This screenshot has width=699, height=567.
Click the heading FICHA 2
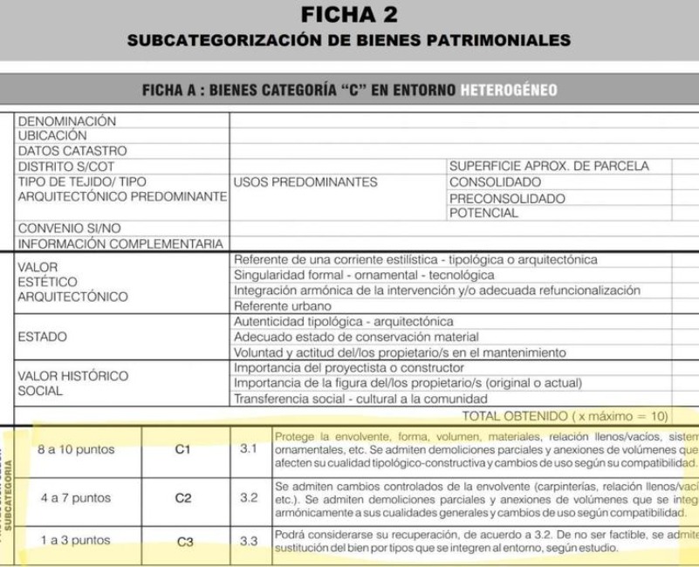click(348, 15)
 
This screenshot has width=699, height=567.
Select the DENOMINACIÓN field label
click(67, 120)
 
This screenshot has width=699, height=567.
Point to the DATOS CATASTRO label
click(72, 151)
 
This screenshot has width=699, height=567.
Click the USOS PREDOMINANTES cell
click(305, 182)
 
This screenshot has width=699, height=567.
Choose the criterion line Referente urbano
click(283, 306)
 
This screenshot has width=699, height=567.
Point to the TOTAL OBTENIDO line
click(565, 415)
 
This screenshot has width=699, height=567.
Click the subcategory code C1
click(183, 450)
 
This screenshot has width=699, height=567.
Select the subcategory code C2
click(183, 499)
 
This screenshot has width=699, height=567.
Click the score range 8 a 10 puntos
click(77, 450)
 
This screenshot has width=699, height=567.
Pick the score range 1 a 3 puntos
click(76, 541)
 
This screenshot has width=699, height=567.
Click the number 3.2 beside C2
click(249, 499)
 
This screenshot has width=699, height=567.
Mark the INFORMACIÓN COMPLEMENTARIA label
click(121, 243)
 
